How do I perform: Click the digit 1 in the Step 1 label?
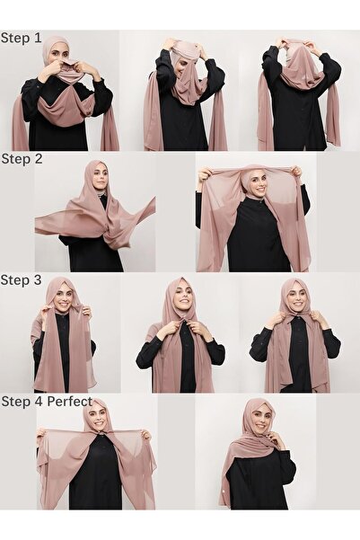37,38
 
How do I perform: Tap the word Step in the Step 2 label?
14,159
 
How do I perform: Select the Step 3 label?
21,280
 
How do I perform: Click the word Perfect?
70,402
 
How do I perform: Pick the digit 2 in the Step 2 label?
38,159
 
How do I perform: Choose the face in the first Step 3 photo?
62,298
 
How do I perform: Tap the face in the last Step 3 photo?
296,299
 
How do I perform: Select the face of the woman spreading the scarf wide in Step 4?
97,418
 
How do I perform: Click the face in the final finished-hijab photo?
259,418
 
